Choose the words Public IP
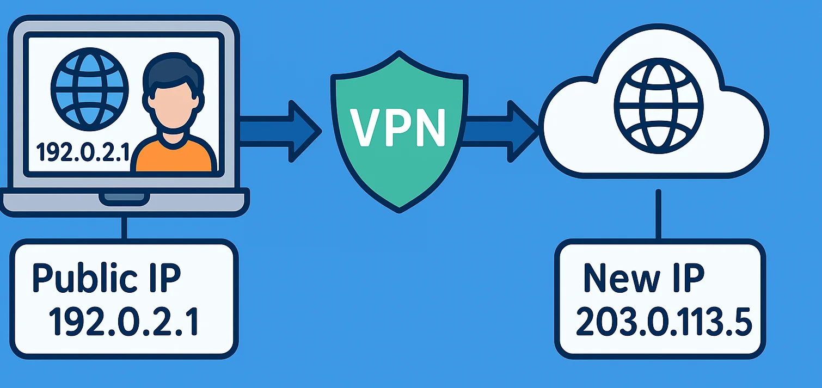point(106,278)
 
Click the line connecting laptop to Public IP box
point(125,229)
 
